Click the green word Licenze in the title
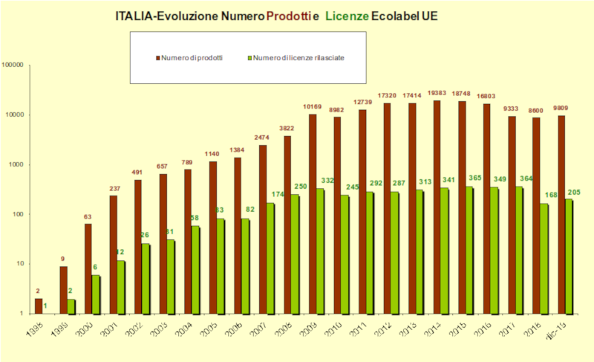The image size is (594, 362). (x=346, y=16)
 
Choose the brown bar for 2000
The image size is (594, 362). (x=88, y=268)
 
